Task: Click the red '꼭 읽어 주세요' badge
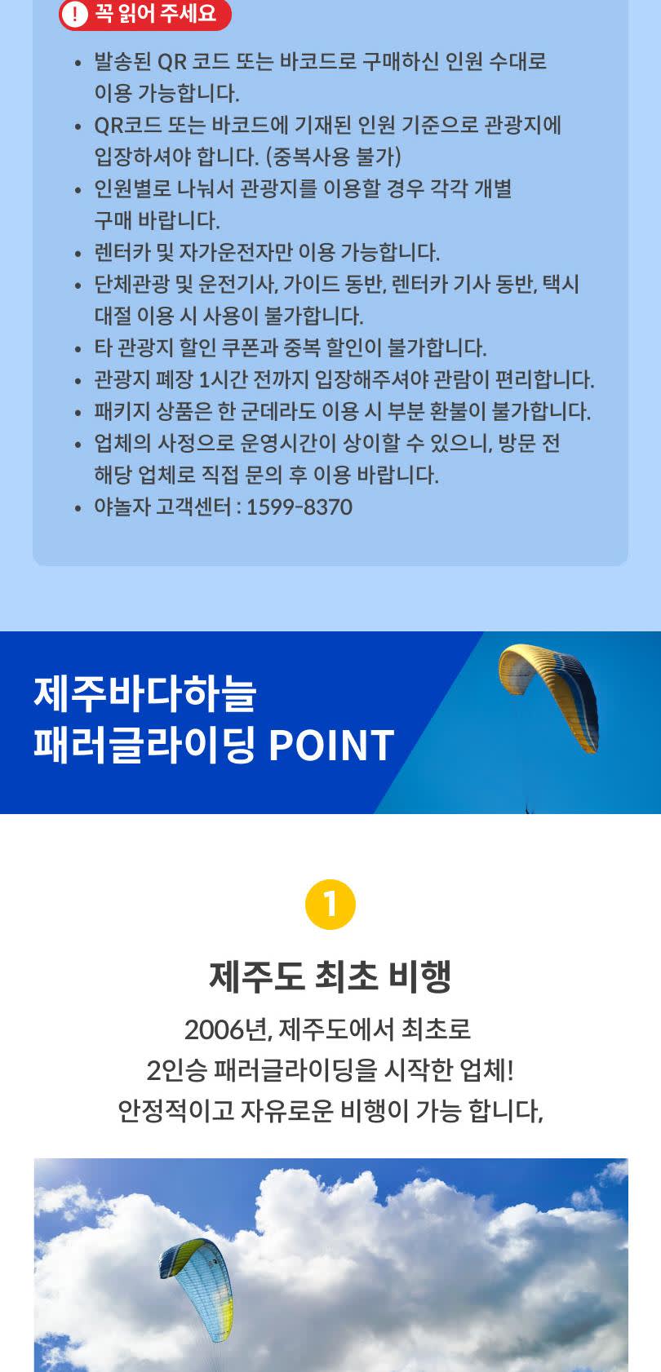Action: click(145, 14)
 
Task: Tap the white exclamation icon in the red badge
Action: click(75, 14)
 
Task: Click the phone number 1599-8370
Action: click(299, 507)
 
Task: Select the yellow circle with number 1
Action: click(330, 904)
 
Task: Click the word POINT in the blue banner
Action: click(331, 746)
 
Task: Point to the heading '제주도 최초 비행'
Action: click(330, 976)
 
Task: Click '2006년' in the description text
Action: click(228, 1029)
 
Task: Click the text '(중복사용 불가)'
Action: click(333, 157)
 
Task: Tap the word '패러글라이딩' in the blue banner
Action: click(144, 745)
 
